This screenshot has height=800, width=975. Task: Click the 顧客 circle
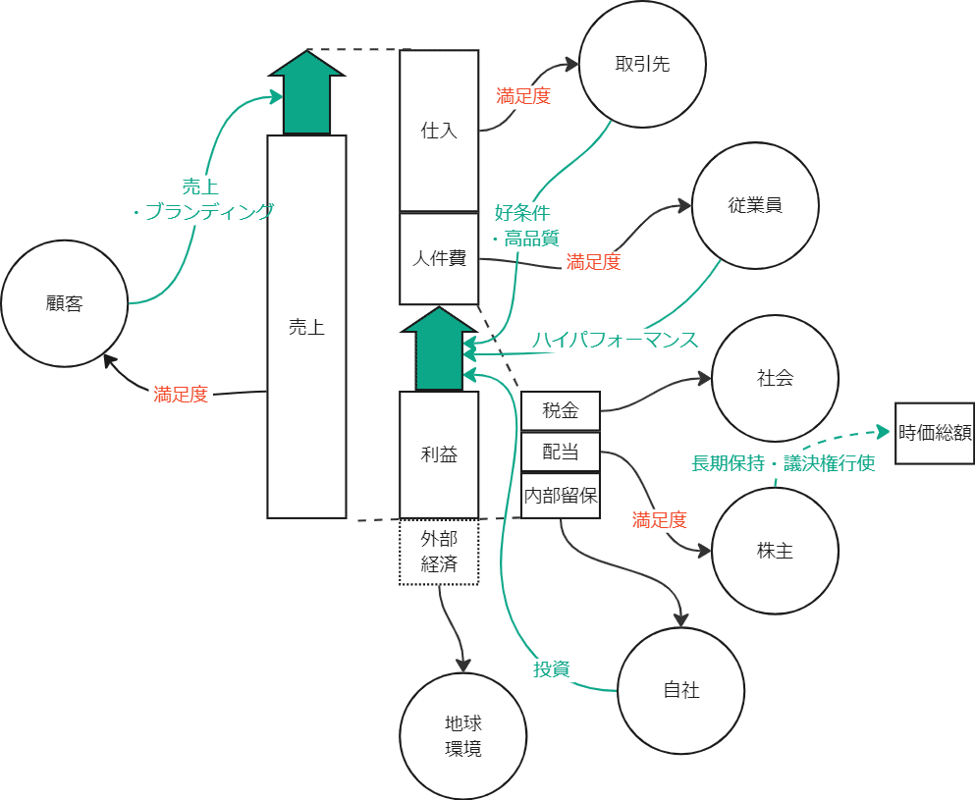(x=65, y=304)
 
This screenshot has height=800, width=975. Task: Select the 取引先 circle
(x=643, y=65)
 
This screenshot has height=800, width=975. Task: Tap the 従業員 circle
(x=754, y=206)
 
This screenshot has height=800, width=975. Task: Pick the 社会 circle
(x=775, y=378)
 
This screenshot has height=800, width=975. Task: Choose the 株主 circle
(x=775, y=551)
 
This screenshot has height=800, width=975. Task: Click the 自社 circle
(x=681, y=690)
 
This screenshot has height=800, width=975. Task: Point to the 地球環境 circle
(x=462, y=736)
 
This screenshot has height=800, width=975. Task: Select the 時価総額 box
(x=934, y=433)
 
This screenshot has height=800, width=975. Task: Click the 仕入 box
(x=439, y=131)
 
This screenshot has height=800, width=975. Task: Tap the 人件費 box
(x=439, y=259)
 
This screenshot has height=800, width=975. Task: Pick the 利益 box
(x=439, y=454)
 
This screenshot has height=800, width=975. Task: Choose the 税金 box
(x=560, y=411)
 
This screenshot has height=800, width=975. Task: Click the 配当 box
(x=560, y=453)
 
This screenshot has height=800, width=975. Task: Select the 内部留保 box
(x=560, y=495)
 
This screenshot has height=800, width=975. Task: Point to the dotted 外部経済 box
(x=439, y=552)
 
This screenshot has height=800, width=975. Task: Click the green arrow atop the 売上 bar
(x=306, y=92)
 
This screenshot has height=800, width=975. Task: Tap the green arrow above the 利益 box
(x=439, y=349)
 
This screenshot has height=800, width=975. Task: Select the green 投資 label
(x=551, y=669)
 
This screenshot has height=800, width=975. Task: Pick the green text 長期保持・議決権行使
(x=784, y=463)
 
